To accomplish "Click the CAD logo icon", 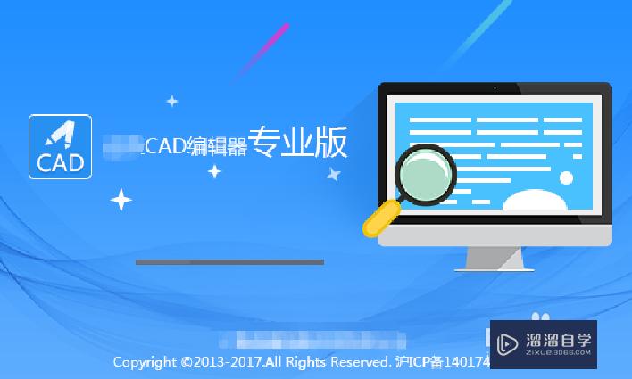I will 61,146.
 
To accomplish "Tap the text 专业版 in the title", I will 297,144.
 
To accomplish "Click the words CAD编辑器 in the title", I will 195,146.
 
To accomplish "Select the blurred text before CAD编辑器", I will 123,145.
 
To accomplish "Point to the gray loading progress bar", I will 229,262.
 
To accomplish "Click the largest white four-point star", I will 121,199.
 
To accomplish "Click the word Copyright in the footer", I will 145,363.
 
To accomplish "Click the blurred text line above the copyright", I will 312,340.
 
